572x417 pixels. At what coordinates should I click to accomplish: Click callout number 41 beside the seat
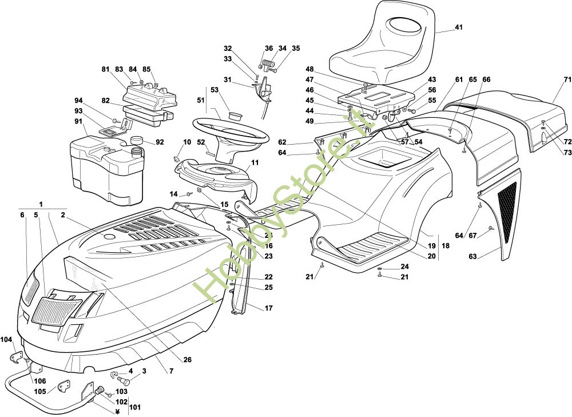(x=458, y=27)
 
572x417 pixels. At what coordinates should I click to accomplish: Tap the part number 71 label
(x=567, y=80)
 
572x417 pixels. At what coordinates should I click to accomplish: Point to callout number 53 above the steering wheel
(x=214, y=90)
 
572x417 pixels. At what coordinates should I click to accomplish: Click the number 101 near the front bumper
(x=135, y=407)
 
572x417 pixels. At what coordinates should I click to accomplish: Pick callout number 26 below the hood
(x=188, y=360)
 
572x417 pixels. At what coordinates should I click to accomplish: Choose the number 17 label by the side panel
(x=268, y=308)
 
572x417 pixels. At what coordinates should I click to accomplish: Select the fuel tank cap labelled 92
(x=136, y=140)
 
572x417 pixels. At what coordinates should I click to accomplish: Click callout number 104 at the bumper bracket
(x=6, y=340)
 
